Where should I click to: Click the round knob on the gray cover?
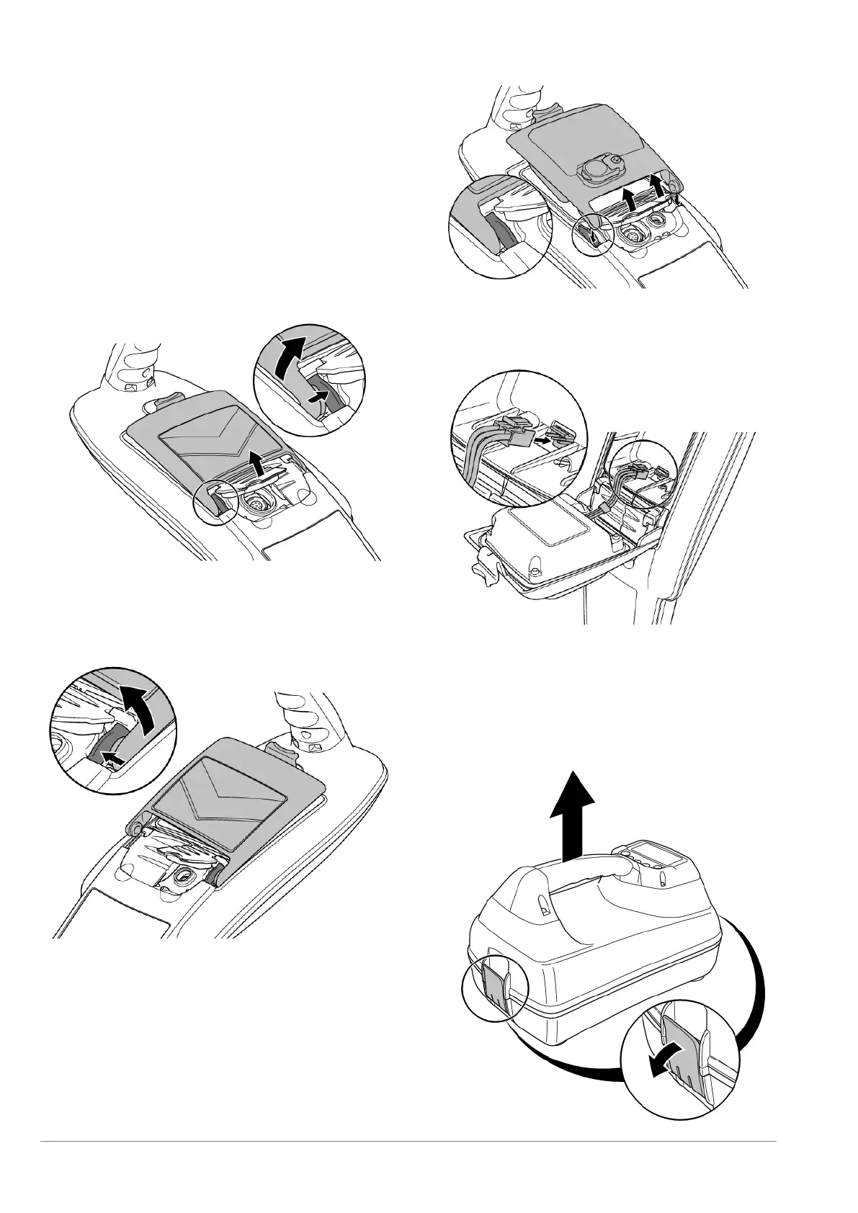[595, 169]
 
